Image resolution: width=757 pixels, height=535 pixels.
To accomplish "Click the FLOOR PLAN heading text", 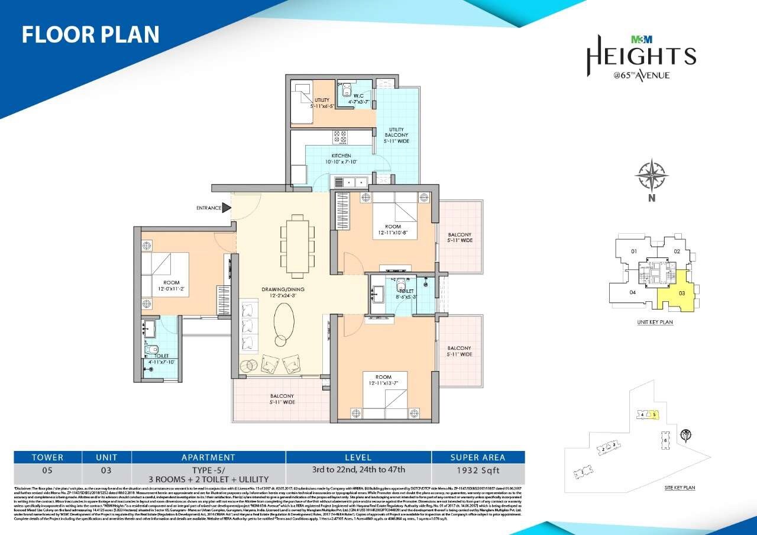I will click(90, 34).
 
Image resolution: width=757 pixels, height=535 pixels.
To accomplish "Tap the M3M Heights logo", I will click(640, 57).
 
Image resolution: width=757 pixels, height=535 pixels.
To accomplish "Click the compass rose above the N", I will click(651, 176).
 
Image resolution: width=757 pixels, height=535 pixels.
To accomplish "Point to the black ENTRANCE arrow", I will click(226, 208).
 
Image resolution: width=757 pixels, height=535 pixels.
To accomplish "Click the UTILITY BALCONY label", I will click(396, 134).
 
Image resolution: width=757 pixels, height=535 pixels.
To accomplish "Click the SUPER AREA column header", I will click(478, 457).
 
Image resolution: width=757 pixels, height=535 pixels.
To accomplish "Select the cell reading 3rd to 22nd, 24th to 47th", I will click(358, 470).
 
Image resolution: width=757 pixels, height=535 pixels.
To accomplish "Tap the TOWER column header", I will click(47, 457).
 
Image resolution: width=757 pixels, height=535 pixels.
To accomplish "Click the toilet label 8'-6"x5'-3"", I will click(406, 294).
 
